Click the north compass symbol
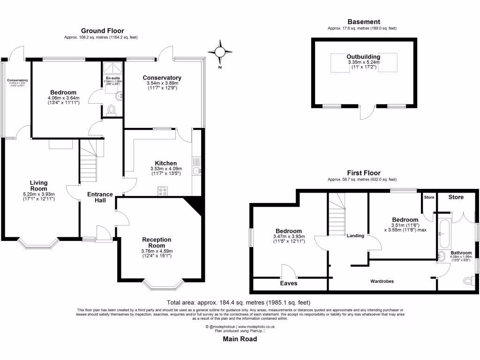pyautogui.click(x=220, y=52)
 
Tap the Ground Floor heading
pyautogui.click(x=102, y=31)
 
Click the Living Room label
pyautogui.click(x=39, y=186)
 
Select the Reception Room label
pyautogui.click(x=157, y=242)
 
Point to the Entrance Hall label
pyautogui.click(x=100, y=197)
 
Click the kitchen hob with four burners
pyautogui.click(x=163, y=191)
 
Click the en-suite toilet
pyautogui.click(x=112, y=111)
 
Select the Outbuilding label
pyautogui.click(x=363, y=57)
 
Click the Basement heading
pyautogui.click(x=363, y=22)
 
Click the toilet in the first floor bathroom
pyautogui.click(x=468, y=281)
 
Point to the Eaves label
pyautogui.click(x=289, y=283)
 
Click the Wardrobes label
pyautogui.click(x=382, y=281)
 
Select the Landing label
pyautogui.click(x=355, y=235)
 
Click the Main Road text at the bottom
pyautogui.click(x=240, y=339)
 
